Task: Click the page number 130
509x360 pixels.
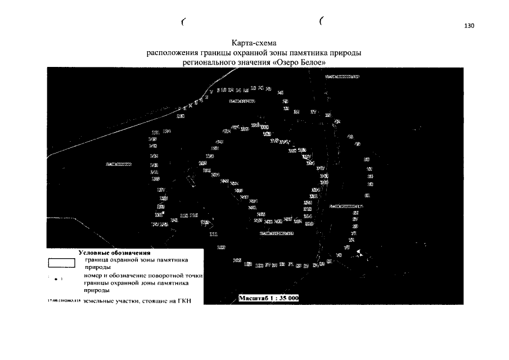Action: pos(470,26)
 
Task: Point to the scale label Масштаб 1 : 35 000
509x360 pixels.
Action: pos(268,298)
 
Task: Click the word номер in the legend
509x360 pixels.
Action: pos(94,276)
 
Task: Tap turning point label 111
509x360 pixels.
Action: pos(213,234)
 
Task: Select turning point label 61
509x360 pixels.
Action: pos(367,195)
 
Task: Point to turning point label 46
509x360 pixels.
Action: pos(350,137)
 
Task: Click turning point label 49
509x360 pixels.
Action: pos(358,144)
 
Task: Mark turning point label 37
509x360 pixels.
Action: pos(314,111)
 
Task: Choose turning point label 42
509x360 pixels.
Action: pos(337,121)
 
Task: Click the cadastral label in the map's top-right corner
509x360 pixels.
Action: pos(339,75)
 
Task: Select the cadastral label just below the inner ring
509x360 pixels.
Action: pos(277,232)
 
